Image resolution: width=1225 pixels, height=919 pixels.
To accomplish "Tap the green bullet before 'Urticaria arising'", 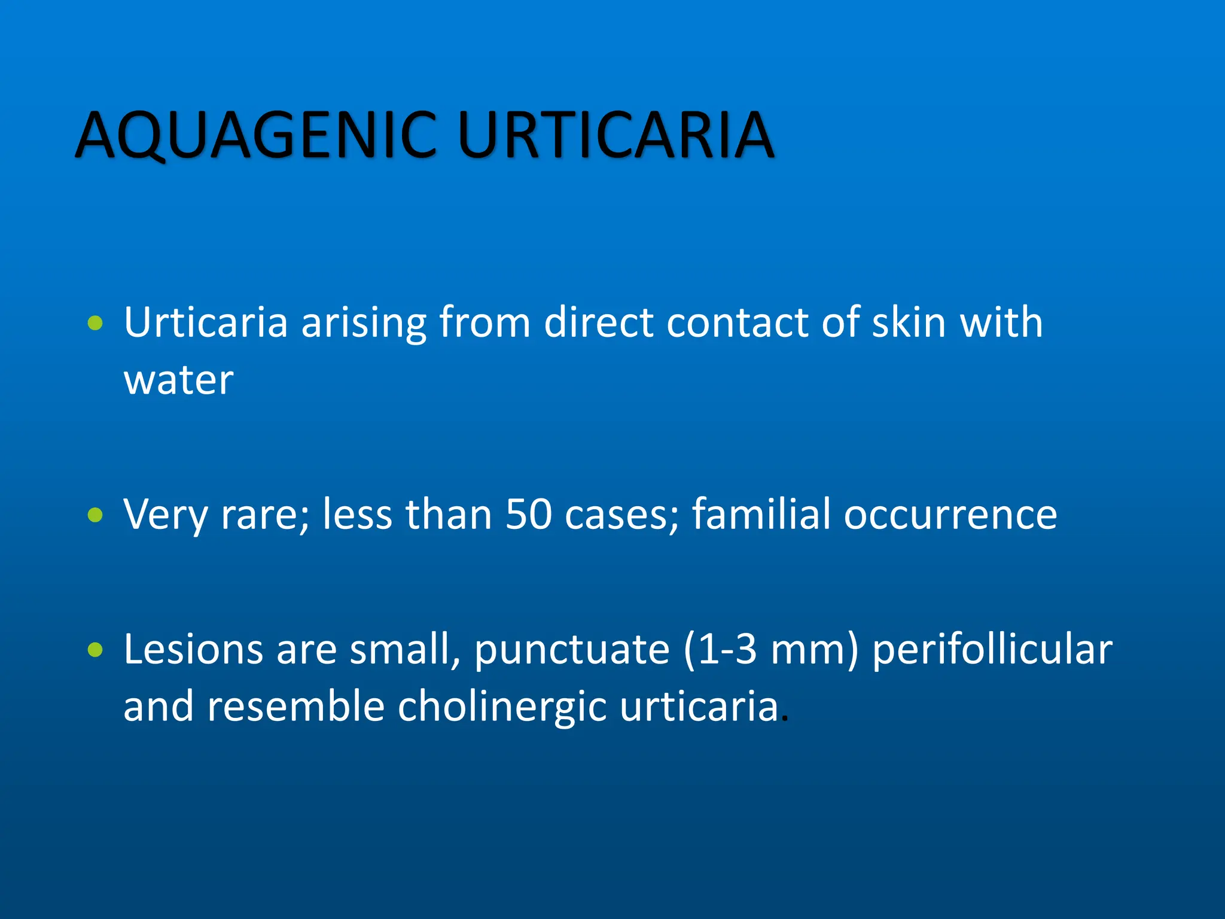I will (x=95, y=324).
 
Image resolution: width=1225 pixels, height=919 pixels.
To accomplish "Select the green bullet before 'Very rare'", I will (x=95, y=515).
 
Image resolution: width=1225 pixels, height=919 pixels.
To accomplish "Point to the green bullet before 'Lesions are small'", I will (x=95, y=649).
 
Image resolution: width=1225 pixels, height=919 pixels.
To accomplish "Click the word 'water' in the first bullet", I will (x=178, y=381).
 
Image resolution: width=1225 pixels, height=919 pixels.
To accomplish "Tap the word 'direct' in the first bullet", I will (x=598, y=323).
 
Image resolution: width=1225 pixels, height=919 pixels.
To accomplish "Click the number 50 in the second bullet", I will (x=528, y=515).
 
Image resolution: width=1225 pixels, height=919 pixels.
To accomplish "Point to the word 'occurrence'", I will (x=950, y=516).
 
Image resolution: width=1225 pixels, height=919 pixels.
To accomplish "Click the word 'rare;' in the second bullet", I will (x=266, y=516).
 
